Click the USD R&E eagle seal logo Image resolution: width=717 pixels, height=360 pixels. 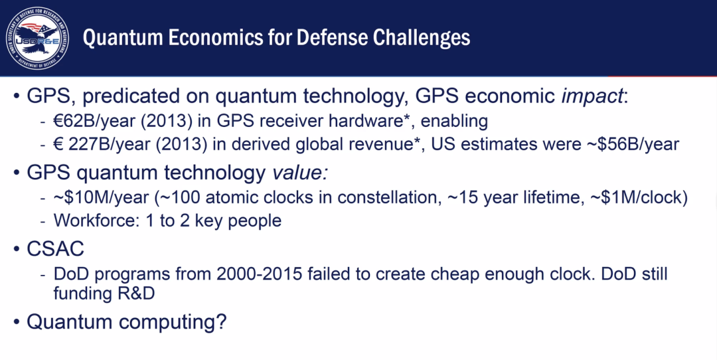[37, 39]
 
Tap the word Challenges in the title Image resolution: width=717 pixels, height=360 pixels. [422, 37]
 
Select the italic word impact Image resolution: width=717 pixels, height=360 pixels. [592, 96]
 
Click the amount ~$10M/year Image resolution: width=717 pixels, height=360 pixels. [102, 198]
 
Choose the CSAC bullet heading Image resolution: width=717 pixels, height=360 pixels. [55, 249]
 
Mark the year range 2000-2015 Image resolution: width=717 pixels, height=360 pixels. [259, 274]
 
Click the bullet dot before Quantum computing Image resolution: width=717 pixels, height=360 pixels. [17, 322]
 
